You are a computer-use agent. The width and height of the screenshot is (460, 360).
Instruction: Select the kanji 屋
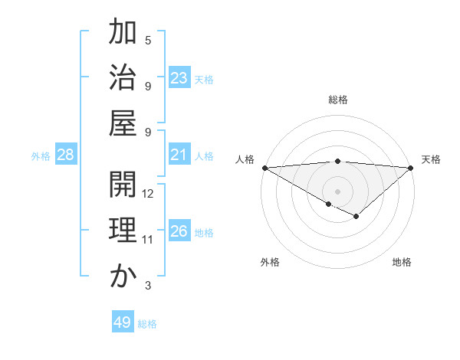(x=123, y=122)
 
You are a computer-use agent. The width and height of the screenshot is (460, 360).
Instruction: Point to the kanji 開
(x=123, y=185)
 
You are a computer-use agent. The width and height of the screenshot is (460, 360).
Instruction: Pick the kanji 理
(x=123, y=231)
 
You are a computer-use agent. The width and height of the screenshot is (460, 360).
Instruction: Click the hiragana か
(x=123, y=276)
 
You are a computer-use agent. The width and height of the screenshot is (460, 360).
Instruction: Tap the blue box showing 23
(x=179, y=78)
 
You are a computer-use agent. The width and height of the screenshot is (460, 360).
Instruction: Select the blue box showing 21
(x=179, y=155)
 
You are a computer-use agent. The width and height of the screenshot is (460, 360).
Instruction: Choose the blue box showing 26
(x=179, y=231)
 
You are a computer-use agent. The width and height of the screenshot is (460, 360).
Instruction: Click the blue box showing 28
(x=66, y=155)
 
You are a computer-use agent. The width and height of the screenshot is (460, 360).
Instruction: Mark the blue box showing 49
(x=123, y=322)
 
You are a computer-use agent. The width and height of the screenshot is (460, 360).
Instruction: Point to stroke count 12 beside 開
(x=149, y=194)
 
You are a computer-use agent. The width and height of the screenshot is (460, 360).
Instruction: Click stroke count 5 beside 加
(x=148, y=40)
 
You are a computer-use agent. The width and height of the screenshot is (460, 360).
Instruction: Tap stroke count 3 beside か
(x=148, y=286)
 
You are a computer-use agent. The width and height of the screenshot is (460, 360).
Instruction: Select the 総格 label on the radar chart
(x=337, y=100)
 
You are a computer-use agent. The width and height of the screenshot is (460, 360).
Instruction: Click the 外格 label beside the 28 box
(x=41, y=156)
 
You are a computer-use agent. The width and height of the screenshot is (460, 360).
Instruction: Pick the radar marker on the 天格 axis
(x=411, y=168)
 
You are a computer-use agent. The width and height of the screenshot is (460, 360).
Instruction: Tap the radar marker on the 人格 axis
(x=264, y=168)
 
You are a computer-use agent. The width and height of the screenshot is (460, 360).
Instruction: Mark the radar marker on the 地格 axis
(x=356, y=217)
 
